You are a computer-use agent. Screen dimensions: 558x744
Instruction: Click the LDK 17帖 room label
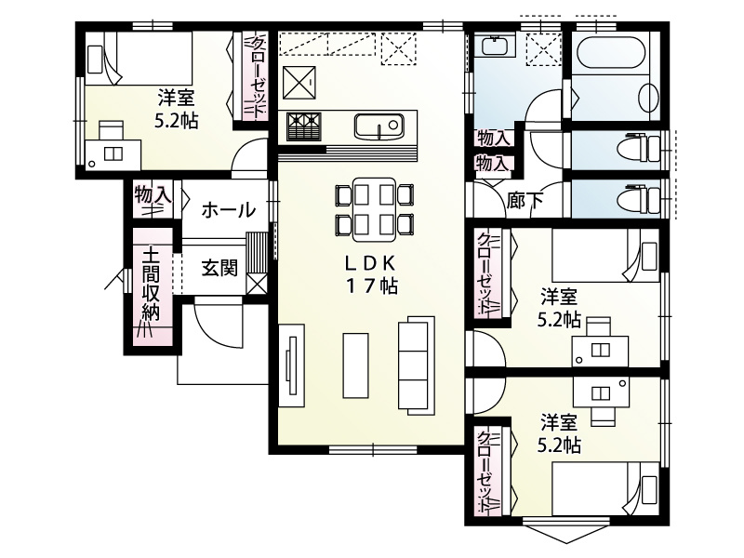[372, 275]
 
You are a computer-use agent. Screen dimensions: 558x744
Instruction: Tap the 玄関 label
[219, 269]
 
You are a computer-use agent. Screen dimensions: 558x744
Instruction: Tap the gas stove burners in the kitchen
[302, 123]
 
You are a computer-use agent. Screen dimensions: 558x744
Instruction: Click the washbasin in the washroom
[493, 46]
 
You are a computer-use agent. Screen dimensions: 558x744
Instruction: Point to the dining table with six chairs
[371, 207]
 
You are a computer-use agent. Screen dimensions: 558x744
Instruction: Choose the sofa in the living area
[415, 364]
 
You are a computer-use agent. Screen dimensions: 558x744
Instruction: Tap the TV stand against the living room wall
[290, 365]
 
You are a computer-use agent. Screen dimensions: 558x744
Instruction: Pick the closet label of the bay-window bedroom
[485, 472]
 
